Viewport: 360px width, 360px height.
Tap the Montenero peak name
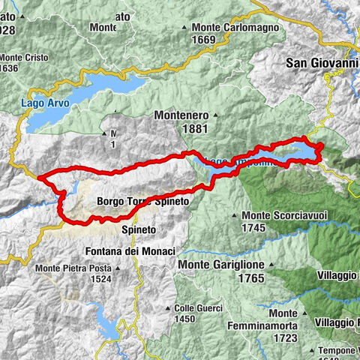[x=183, y=115]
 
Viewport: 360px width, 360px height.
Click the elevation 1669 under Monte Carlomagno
[x=203, y=40]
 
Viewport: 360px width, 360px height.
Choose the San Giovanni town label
[x=322, y=64]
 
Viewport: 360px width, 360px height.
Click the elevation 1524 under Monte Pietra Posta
[x=100, y=278]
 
